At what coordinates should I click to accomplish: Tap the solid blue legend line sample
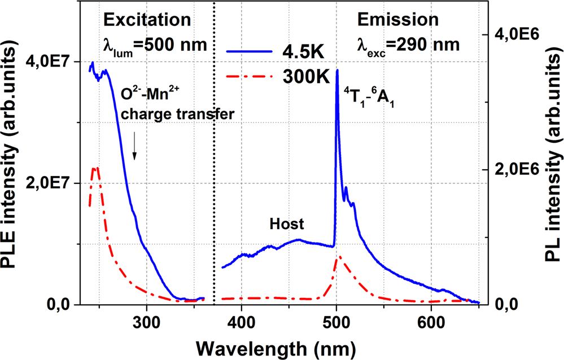[x=249, y=51]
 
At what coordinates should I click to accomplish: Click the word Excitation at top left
[x=146, y=19]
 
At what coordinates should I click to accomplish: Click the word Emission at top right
[x=397, y=19]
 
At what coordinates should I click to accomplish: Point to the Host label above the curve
[x=286, y=224]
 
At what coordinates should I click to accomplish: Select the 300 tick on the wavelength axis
[x=147, y=319]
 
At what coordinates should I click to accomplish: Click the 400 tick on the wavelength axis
[x=242, y=319]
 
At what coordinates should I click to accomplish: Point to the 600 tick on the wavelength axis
[x=431, y=319]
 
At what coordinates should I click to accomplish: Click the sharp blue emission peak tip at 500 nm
[x=337, y=70]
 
